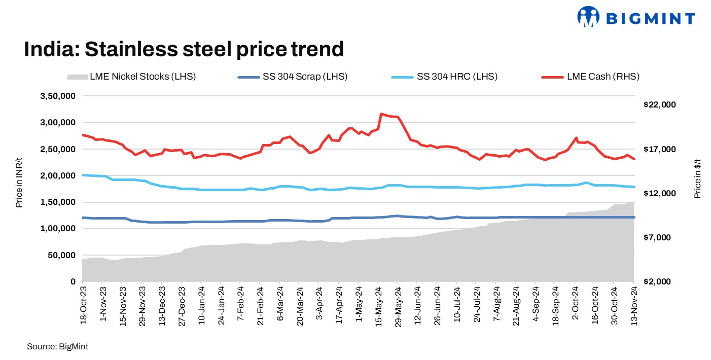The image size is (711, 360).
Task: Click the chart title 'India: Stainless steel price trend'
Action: pyautogui.click(x=184, y=50)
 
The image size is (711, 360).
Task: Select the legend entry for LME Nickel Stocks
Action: pyautogui.click(x=131, y=77)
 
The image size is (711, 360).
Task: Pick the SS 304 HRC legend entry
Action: pyautogui.click(x=444, y=77)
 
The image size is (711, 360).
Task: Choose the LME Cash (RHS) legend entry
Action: pyautogui.click(x=592, y=77)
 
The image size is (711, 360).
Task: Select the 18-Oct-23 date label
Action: pyautogui.click(x=83, y=305)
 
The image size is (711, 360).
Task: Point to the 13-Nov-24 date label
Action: pyautogui.click(x=634, y=305)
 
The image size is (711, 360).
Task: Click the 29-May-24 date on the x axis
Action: pyautogui.click(x=398, y=305)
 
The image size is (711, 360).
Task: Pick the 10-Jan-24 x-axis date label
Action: pyautogui.click(x=201, y=305)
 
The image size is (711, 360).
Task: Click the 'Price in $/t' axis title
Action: pyautogui.click(x=698, y=176)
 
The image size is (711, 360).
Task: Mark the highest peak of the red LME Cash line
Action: pyautogui.click(x=381, y=114)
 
